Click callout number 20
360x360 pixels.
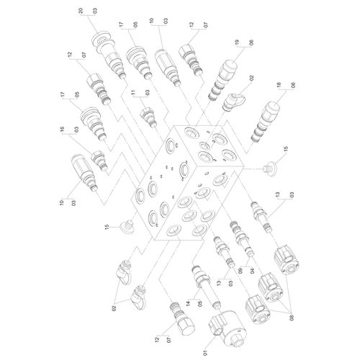(x=81, y=11)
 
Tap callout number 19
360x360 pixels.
(x=238, y=42)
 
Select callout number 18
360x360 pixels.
(x=279, y=85)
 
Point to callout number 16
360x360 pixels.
(x=63, y=130)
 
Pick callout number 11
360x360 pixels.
(x=133, y=92)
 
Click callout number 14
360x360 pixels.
(x=189, y=303)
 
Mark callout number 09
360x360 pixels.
(x=240, y=271)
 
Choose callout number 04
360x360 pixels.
(x=253, y=271)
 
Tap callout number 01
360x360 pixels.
(x=205, y=353)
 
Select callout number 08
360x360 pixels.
(x=292, y=318)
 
